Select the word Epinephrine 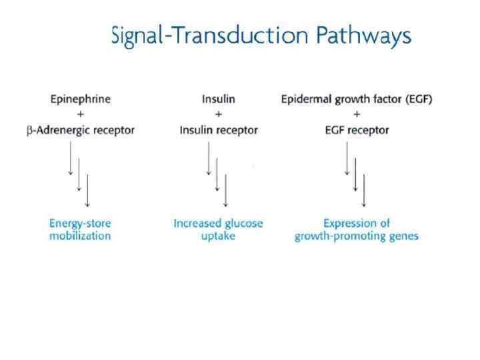click(81, 99)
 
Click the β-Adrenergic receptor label click(81, 130)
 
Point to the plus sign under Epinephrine click(81, 115)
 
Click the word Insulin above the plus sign click(218, 99)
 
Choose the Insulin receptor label click(218, 130)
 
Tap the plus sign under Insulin click(218, 115)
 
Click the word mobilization click(80, 237)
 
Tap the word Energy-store click(80, 223)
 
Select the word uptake click(218, 237)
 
